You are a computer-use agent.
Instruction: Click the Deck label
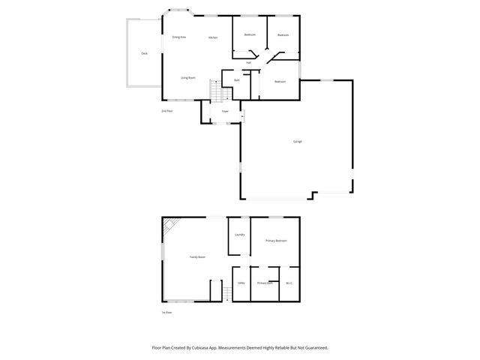click(144, 54)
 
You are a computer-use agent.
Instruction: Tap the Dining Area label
click(178, 37)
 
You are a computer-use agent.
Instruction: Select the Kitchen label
click(213, 37)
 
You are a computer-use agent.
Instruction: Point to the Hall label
click(248, 62)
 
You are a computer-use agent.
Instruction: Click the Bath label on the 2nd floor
click(237, 80)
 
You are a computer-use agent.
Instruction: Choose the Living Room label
click(187, 78)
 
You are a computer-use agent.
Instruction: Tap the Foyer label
click(224, 112)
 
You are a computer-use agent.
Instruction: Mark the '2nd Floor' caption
click(166, 111)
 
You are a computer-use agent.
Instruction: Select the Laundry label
click(240, 235)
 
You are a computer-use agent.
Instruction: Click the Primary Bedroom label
click(276, 241)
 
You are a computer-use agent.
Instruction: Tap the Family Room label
click(197, 257)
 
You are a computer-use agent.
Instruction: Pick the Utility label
click(241, 283)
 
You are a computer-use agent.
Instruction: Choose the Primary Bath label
click(265, 283)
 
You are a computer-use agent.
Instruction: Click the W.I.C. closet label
click(289, 283)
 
